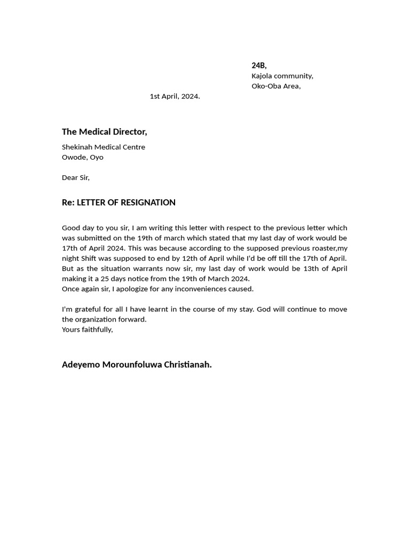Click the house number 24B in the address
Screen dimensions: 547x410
pos(259,65)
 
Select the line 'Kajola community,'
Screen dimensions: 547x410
pos(282,76)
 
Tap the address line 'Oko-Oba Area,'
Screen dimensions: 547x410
pos(276,86)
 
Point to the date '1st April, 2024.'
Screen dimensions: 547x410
pos(175,96)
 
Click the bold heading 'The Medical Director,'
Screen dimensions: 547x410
pos(104,131)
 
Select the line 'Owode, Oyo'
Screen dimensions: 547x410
pos(83,157)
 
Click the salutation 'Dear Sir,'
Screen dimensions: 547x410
pos(76,177)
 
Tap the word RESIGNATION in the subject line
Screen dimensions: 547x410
pos(148,202)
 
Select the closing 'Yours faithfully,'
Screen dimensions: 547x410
pos(87,330)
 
